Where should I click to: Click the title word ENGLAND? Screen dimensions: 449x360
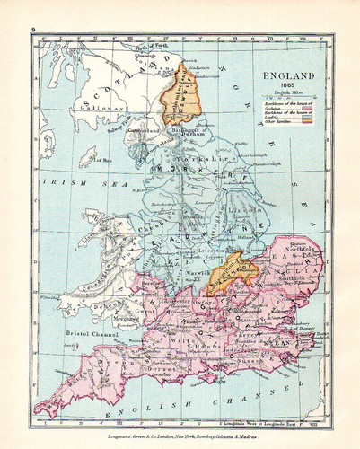(x=290, y=78)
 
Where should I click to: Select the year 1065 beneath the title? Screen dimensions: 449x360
(x=290, y=89)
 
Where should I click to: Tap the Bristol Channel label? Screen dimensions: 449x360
(x=93, y=333)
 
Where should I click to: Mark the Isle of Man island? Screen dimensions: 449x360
(x=88, y=158)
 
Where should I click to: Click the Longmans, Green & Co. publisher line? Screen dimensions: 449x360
(x=180, y=437)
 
